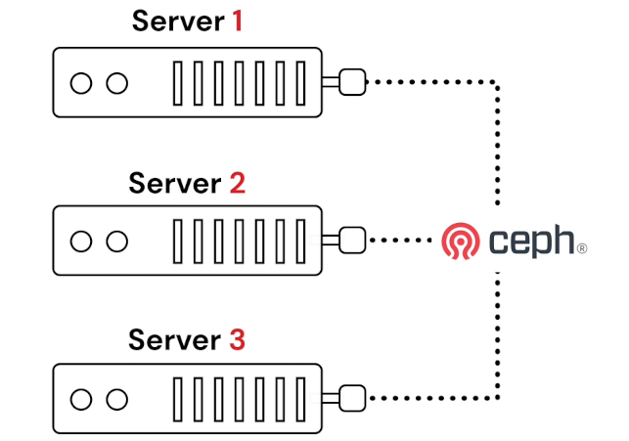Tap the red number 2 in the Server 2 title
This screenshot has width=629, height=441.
tap(237, 183)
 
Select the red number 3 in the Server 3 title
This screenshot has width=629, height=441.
tap(237, 341)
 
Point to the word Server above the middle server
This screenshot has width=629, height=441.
tap(175, 183)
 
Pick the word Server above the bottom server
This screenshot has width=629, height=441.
tap(175, 341)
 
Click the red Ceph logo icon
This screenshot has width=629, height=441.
tap(461, 240)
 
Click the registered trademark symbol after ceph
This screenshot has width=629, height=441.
tap(583, 249)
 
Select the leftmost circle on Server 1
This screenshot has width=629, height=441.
tap(82, 83)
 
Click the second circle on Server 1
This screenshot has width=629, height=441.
tap(116, 83)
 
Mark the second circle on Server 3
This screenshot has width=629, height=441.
tap(116, 398)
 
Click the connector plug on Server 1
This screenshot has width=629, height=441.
tap(351, 83)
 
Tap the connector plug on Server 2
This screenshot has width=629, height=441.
tap(351, 240)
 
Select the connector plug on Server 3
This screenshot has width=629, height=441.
tap(351, 397)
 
